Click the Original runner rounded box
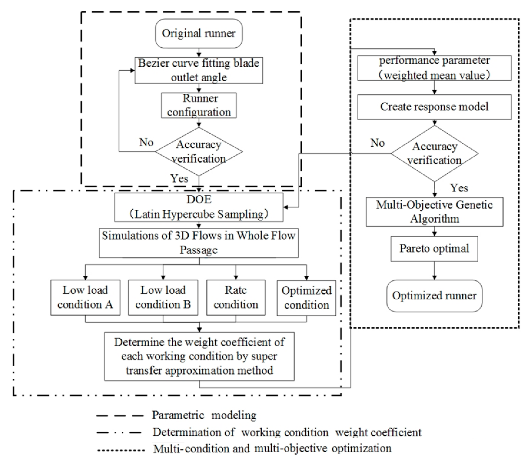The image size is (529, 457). coord(199,33)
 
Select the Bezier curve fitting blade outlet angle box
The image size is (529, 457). coord(199,70)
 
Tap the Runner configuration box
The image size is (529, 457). coord(199,105)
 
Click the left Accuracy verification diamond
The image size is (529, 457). coord(199,151)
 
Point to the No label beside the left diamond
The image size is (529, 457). coord(146,142)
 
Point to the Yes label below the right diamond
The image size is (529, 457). coord(459,188)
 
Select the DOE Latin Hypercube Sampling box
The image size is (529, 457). coord(199,207)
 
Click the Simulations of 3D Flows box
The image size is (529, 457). coord(199,243)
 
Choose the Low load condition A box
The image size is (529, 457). coord(85,298)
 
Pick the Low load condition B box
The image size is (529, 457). coord(163,298)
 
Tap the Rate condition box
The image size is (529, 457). coord(236,298)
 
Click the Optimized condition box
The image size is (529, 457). coord(306,298)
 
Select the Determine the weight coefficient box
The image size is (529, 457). coord(199,356)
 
